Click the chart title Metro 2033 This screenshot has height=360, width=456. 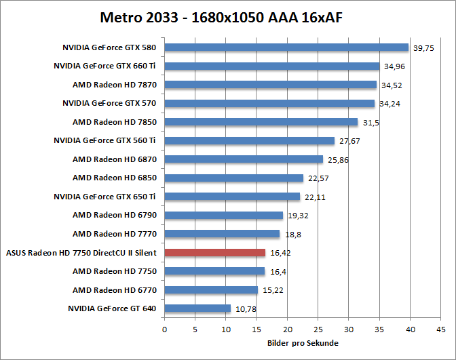coord(221,16)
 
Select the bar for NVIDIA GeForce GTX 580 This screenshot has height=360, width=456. coord(286,47)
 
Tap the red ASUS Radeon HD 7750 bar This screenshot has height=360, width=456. coord(215,252)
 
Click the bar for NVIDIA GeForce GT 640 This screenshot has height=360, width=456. coord(197,308)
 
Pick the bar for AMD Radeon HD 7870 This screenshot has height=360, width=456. coord(270,85)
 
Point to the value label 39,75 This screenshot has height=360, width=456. coord(424,48)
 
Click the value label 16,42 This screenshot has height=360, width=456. coord(280,253)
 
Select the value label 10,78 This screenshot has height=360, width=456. coord(246,309)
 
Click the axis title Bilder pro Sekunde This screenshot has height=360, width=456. coord(303,343)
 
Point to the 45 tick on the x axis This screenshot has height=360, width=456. coord(441,330)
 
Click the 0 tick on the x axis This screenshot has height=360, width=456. coord(164,330)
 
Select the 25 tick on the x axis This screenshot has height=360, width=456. coord(318,330)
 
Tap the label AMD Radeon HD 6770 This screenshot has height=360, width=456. coord(115,289)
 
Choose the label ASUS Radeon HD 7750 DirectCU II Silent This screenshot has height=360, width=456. coord(81,252)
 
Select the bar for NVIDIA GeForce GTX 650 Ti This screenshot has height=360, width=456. coord(232,197)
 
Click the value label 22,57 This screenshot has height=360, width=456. coord(318,178)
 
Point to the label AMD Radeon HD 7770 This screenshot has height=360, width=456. coord(115,234)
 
